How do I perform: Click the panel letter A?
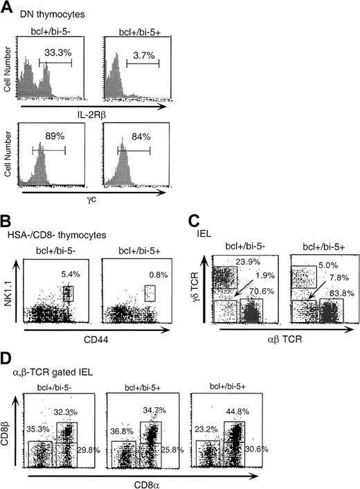(x=8, y=6)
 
